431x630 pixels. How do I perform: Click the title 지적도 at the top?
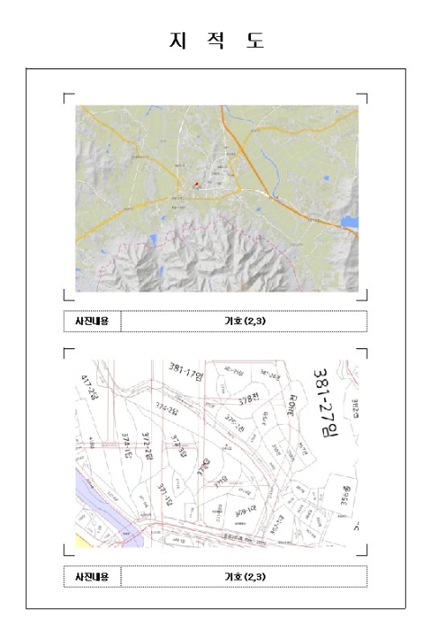216,40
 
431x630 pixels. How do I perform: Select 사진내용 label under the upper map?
92,320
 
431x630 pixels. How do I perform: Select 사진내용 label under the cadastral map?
92,576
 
